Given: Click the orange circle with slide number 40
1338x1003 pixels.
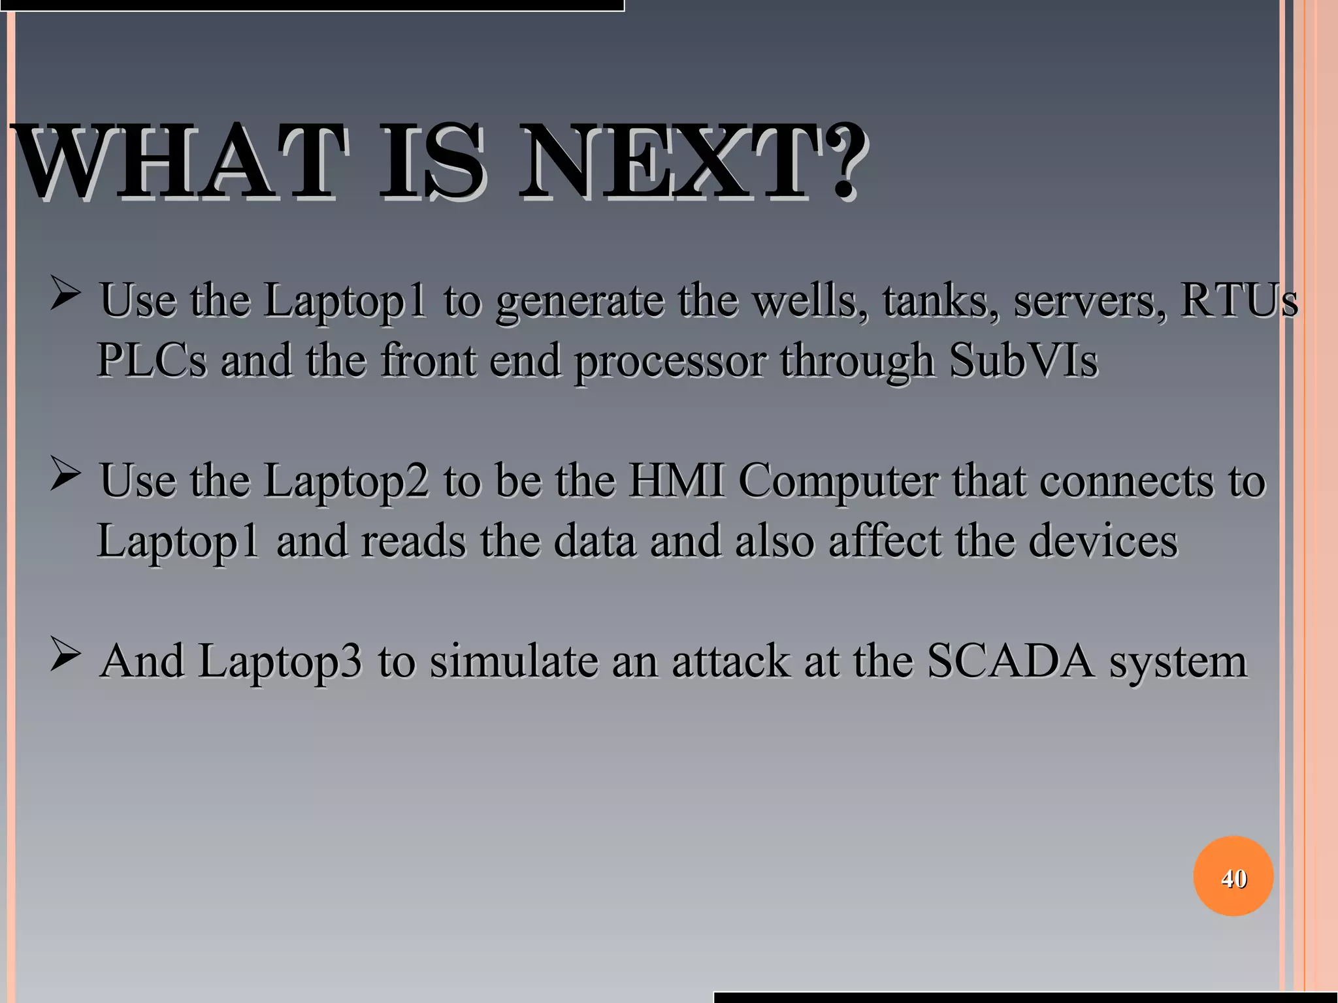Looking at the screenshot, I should click(x=1233, y=876).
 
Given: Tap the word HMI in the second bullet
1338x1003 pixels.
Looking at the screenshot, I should click(x=676, y=481).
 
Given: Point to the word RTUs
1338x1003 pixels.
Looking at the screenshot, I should click(x=1239, y=300).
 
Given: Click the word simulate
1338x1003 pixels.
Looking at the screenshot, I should click(x=513, y=661).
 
